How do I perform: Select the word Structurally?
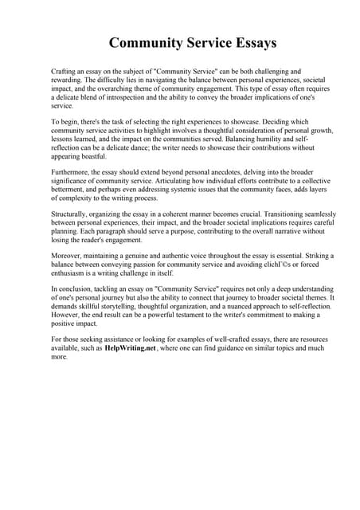pyautogui.click(x=70, y=214)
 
